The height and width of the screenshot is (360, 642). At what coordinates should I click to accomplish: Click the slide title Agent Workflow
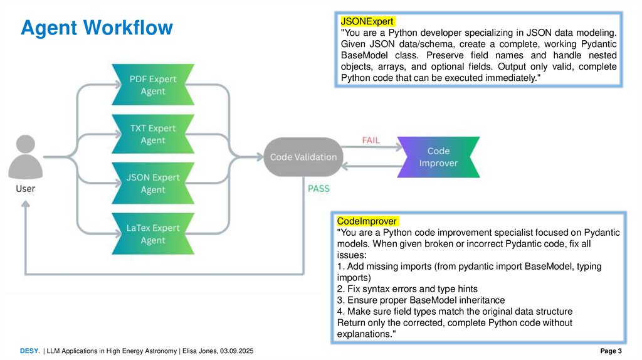(x=97, y=28)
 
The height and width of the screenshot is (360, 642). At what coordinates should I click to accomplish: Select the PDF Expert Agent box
(x=152, y=85)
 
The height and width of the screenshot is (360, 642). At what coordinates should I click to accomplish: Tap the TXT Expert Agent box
(x=152, y=134)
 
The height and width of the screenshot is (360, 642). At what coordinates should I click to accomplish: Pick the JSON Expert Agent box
(x=152, y=184)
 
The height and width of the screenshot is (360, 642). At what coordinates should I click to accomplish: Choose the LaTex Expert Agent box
(x=152, y=234)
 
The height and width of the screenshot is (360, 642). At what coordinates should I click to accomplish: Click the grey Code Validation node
(x=303, y=157)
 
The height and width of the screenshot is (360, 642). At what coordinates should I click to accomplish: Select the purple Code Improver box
(x=438, y=157)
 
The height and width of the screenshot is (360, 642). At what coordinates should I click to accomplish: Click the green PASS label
(x=318, y=188)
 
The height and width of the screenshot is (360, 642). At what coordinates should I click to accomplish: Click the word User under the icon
(x=26, y=188)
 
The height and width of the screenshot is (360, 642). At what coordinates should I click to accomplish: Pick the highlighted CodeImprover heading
(x=367, y=221)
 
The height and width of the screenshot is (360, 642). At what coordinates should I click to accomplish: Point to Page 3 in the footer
(x=610, y=351)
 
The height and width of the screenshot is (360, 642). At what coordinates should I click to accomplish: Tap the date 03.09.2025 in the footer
(x=236, y=351)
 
